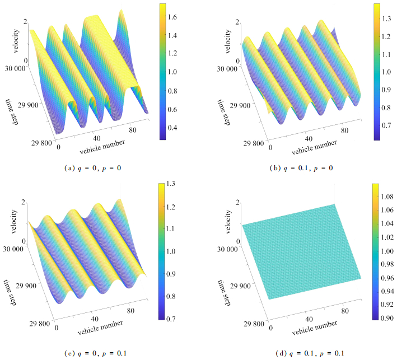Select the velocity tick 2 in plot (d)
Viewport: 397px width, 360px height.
click(237, 202)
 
